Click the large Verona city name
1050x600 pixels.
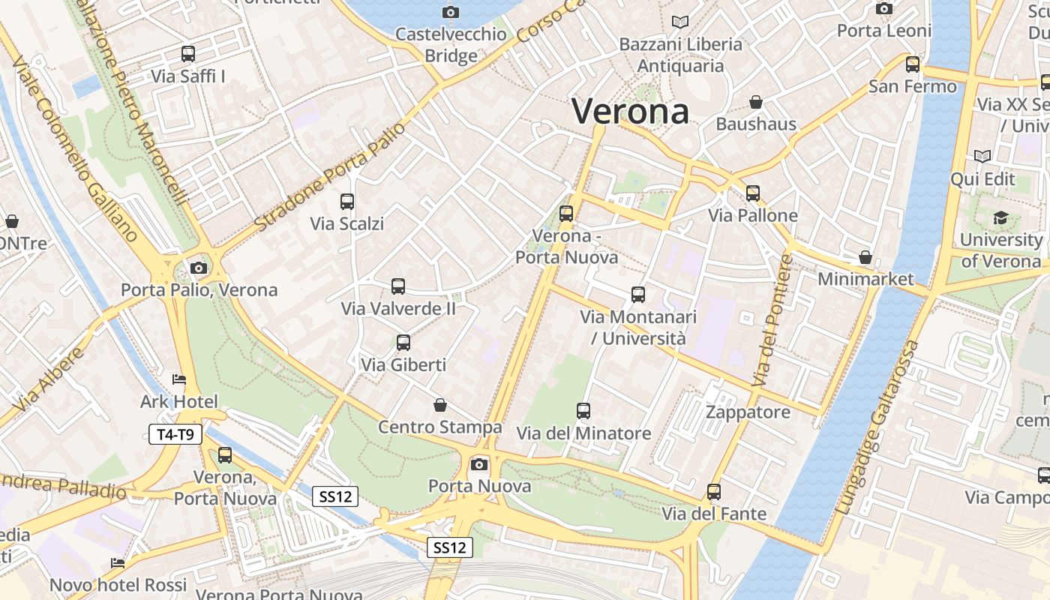630,111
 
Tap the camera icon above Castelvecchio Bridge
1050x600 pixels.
450,11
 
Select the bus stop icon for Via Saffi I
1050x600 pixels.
188,54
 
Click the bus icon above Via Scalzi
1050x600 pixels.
347,201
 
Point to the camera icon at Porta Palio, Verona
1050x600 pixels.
199,268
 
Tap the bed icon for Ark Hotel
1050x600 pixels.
179,379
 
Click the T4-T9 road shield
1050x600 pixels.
175,434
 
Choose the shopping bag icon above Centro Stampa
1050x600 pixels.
440,405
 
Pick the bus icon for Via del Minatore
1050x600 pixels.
583,411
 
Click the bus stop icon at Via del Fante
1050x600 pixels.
714,492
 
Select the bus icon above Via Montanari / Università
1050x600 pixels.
638,295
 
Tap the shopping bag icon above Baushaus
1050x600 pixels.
756,102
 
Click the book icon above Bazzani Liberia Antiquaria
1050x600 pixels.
680,22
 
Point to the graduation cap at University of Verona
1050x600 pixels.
1000,217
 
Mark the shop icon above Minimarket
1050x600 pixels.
865,257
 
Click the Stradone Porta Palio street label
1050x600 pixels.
330,177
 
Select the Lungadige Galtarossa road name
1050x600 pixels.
878,427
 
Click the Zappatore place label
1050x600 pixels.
748,412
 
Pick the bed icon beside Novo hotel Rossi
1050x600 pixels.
118,563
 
